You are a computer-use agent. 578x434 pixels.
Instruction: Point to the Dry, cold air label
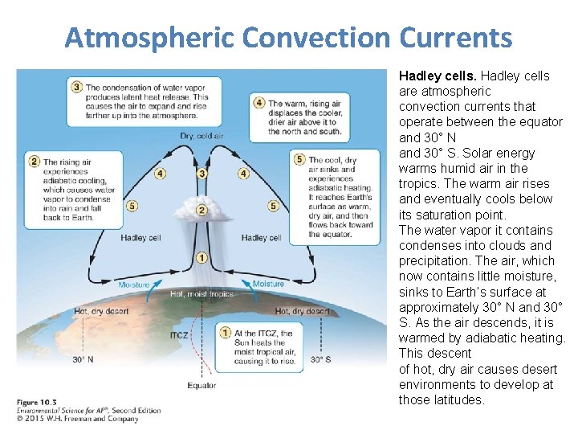201,136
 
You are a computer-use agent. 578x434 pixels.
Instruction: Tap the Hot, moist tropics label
201,294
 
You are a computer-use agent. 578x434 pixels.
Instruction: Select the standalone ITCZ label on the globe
179,335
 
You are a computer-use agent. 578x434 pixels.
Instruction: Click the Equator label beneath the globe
201,385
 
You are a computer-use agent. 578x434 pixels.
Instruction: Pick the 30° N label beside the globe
83,359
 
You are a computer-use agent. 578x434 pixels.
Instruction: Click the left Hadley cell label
140,238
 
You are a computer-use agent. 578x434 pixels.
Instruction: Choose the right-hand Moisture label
268,284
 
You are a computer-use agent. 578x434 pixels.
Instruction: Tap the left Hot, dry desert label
102,311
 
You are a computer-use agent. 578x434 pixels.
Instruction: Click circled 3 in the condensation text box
77,87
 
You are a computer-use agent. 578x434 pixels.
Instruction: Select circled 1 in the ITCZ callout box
227,333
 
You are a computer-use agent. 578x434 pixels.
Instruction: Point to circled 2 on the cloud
202,211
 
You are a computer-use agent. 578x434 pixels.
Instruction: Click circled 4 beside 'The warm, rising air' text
258,103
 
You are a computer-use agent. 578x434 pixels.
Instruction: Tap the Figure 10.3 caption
39,402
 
